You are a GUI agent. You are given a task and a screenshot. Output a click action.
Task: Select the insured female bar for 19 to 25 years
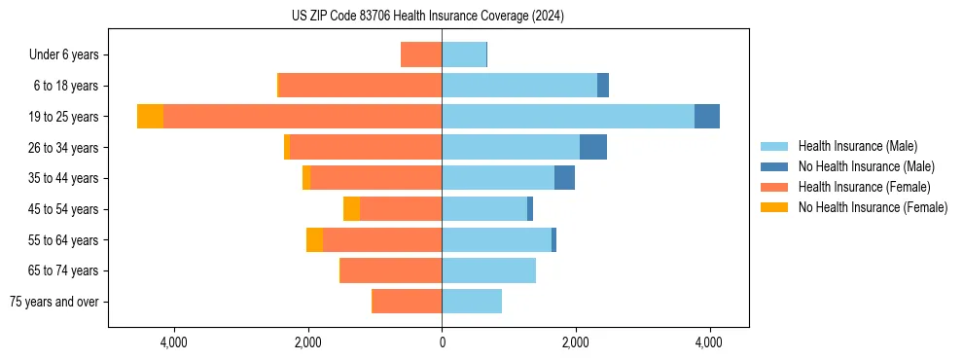(303, 116)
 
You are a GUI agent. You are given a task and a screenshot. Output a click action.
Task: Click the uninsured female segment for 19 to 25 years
(150, 116)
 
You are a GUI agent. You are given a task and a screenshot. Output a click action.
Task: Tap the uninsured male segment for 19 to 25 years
(707, 116)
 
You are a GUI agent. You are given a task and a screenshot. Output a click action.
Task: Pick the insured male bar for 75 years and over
(472, 302)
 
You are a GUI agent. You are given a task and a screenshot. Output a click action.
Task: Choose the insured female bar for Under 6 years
(421, 54)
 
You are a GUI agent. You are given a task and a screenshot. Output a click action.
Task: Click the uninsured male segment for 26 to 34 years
(593, 147)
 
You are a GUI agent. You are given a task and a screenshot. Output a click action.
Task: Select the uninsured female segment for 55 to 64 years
(314, 239)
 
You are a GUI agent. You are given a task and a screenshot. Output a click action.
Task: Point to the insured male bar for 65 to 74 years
(488, 270)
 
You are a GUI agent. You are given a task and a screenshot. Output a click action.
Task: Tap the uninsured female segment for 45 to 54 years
(351, 208)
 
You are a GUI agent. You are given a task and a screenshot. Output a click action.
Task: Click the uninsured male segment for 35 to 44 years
(564, 178)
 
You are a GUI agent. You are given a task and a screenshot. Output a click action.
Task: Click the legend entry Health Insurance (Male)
(857, 146)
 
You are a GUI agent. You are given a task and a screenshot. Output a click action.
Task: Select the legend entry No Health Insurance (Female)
(873, 207)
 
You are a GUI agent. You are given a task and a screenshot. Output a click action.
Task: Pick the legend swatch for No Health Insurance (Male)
(775, 166)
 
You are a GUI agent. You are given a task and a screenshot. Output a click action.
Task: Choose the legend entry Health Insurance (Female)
(864, 187)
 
